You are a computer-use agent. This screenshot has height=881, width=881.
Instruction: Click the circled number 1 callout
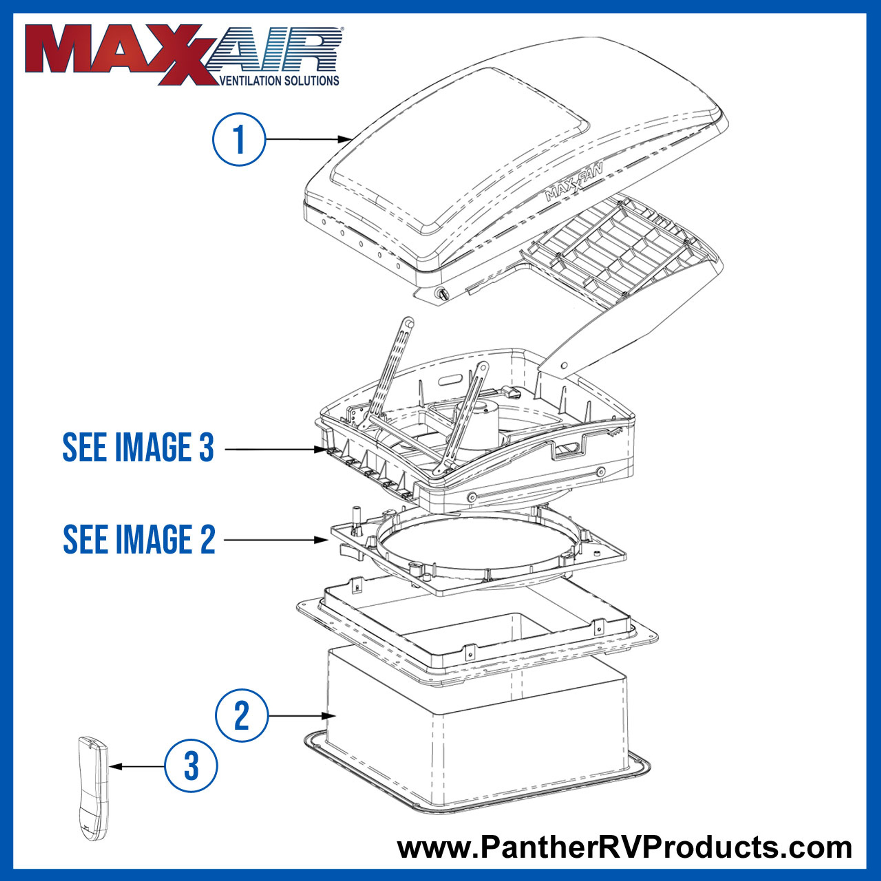(238, 139)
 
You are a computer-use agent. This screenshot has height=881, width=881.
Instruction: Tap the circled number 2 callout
(241, 715)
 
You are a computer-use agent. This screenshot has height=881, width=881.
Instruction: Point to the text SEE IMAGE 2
(139, 540)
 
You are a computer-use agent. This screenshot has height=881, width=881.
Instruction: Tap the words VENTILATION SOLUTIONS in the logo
(279, 81)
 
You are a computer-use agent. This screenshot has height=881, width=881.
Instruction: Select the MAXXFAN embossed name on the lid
(574, 181)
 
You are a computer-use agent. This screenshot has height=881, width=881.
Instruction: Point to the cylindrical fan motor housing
(474, 422)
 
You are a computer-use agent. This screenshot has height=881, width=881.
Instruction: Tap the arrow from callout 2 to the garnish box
(299, 716)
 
